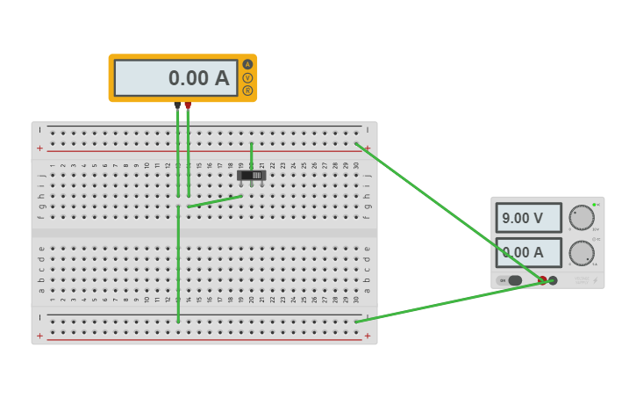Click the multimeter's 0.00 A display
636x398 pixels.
(x=176, y=78)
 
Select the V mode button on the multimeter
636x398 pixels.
(x=247, y=77)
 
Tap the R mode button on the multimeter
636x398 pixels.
(x=247, y=90)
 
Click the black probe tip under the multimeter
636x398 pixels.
(x=177, y=105)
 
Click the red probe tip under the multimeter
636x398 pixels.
(x=188, y=105)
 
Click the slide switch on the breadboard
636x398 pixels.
(x=251, y=176)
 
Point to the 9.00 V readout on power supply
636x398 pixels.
(x=528, y=218)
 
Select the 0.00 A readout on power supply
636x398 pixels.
(x=528, y=253)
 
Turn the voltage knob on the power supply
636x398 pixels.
(x=582, y=217)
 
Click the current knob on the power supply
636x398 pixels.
(x=582, y=253)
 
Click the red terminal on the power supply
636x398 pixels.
(x=543, y=280)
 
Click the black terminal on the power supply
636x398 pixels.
(x=554, y=280)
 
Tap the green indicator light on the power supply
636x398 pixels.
(x=594, y=205)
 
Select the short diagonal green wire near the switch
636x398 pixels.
(x=215, y=201)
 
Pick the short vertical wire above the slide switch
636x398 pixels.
(x=251, y=156)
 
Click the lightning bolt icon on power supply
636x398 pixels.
(x=595, y=280)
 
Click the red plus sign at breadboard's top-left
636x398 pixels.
(x=39, y=148)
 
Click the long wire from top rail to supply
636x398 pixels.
(x=447, y=212)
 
